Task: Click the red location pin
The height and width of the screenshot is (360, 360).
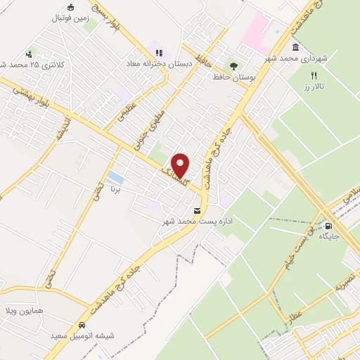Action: coord(181,165)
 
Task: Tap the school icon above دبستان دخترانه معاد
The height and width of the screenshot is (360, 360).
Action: coord(159,53)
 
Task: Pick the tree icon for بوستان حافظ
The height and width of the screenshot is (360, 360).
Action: coord(233,65)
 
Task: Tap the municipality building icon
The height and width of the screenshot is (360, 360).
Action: coord(294,47)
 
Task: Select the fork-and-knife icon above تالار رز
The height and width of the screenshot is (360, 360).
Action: coord(315,75)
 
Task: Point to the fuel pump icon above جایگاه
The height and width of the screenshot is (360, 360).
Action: coord(328,226)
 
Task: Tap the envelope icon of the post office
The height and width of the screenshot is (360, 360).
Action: coord(196,210)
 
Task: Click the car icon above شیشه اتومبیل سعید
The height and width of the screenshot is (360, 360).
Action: coord(82,326)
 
